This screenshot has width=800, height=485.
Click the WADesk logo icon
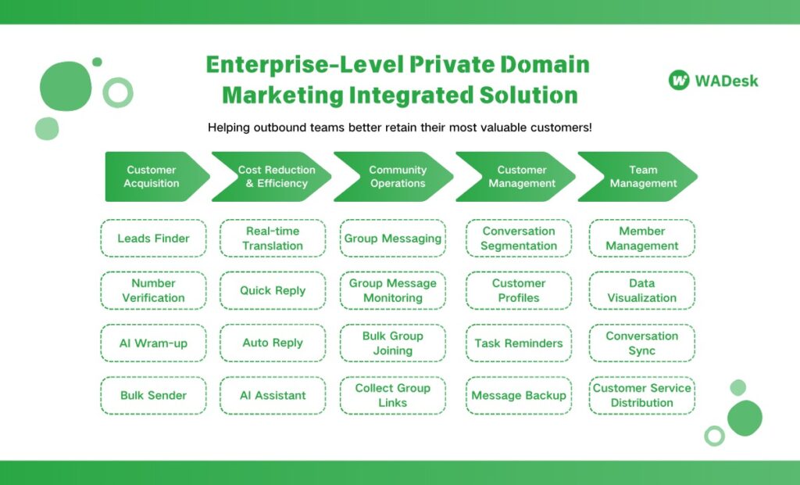[679, 80]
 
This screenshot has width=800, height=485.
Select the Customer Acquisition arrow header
[153, 177]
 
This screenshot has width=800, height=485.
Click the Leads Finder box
[153, 239]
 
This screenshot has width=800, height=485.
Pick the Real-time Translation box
[273, 239]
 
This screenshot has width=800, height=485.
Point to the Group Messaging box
[393, 239]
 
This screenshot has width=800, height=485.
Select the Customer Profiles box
[519, 290]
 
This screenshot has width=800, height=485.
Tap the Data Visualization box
[641, 290]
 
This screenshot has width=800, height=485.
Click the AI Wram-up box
[153, 343]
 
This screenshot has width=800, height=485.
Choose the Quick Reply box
[273, 290]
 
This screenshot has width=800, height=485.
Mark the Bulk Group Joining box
[393, 343]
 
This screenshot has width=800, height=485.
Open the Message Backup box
[519, 395]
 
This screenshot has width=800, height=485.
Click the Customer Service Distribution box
[641, 395]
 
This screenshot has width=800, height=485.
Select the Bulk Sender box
[153, 395]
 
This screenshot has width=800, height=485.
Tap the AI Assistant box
[273, 395]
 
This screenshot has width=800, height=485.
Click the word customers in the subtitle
[559, 128]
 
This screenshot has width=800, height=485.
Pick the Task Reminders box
[519, 343]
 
